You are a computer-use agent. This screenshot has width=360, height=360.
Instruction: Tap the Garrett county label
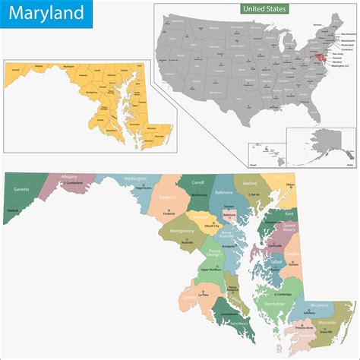point(21,188)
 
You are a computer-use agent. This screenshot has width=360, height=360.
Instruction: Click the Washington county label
point(135,178)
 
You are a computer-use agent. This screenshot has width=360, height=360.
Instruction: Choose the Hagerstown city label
point(143,188)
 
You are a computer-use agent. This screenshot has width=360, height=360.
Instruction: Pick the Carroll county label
point(198,183)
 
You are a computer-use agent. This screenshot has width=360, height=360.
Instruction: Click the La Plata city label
point(202,295)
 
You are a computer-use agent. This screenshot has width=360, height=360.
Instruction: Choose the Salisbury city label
point(308,313)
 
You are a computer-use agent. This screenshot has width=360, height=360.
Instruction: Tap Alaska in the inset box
point(320,144)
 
